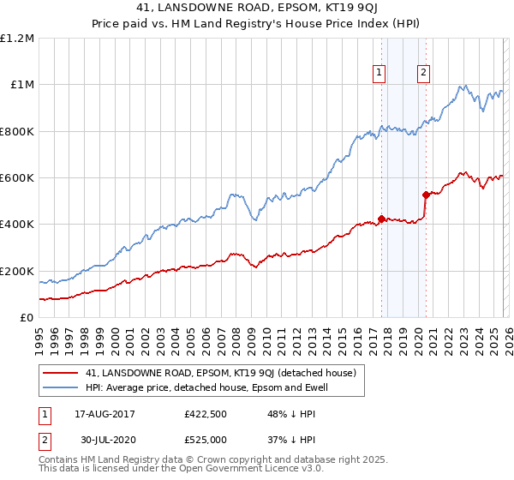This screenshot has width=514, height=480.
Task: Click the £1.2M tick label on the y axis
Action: [17, 38]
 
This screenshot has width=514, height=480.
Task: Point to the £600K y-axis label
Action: [17, 178]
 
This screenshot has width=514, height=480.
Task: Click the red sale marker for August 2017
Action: [381, 218]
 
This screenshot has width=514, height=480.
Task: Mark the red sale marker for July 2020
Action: [426, 195]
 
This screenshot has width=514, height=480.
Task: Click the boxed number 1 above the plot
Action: [379, 73]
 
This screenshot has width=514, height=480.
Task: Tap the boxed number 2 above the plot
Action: [423, 73]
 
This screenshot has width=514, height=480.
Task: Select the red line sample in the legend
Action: [60, 373]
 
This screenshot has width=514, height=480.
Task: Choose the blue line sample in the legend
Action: [60, 388]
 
